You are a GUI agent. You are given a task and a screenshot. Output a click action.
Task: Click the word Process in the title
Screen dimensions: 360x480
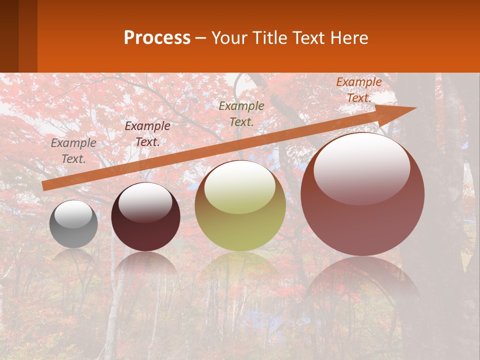click(x=157, y=38)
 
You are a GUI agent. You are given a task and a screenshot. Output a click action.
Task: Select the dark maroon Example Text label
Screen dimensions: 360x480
click(x=147, y=134)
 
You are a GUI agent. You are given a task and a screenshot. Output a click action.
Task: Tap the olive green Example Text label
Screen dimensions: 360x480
click(x=241, y=113)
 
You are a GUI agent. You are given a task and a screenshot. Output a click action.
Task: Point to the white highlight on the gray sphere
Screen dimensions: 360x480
click(x=73, y=214)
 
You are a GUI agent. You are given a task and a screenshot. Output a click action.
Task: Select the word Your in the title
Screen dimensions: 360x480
click(x=229, y=38)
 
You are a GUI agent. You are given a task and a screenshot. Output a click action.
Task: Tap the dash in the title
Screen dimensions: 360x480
click(x=201, y=38)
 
